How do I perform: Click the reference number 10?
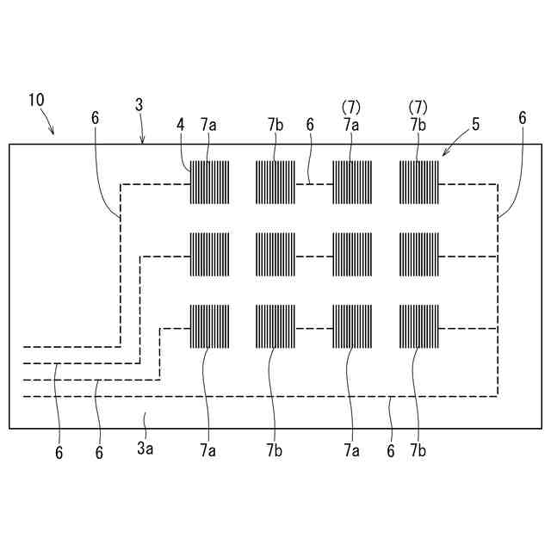(x=36, y=100)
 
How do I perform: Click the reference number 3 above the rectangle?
(x=139, y=104)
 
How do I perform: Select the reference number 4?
(x=181, y=125)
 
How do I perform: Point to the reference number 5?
(x=476, y=125)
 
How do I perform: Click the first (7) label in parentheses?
(x=350, y=106)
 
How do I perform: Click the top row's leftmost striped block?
(x=210, y=183)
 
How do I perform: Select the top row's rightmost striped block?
(x=418, y=183)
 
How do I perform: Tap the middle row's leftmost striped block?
(x=210, y=254)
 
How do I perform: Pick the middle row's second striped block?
(x=275, y=254)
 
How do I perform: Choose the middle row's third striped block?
(x=352, y=254)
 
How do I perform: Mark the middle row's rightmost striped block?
(x=418, y=254)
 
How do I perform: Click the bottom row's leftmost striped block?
(x=210, y=326)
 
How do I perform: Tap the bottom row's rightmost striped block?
(x=418, y=326)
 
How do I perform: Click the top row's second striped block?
(x=275, y=183)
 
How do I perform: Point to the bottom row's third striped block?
(x=352, y=326)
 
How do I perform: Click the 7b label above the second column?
(x=275, y=125)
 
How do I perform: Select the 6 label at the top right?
(x=522, y=119)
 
